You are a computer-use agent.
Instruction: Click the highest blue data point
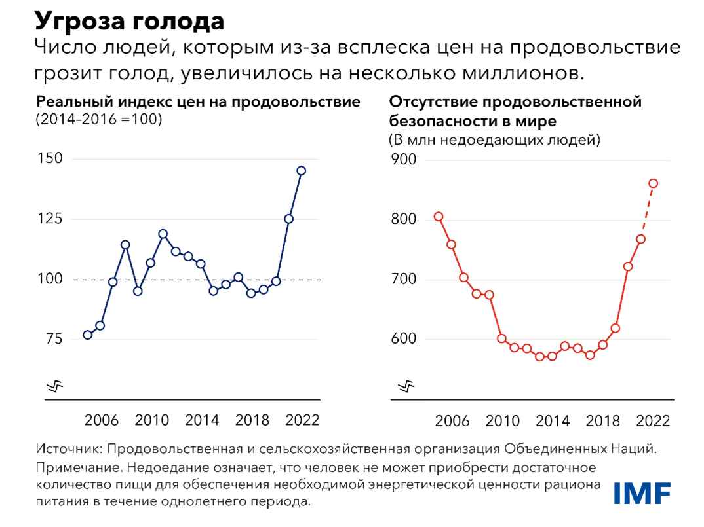tap(302, 171)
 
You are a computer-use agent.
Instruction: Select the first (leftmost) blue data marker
tap(87, 335)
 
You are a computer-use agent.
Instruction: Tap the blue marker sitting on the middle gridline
tap(288, 219)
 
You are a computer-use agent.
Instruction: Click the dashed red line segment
tap(647, 211)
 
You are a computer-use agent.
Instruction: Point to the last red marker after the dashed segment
tap(653, 183)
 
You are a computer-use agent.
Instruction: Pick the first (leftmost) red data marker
tap(439, 216)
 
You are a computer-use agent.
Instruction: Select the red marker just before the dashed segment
tap(640, 239)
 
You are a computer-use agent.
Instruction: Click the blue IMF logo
tap(642, 493)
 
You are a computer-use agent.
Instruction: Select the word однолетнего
tap(194, 503)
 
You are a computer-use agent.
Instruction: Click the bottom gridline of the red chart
tap(547, 398)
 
